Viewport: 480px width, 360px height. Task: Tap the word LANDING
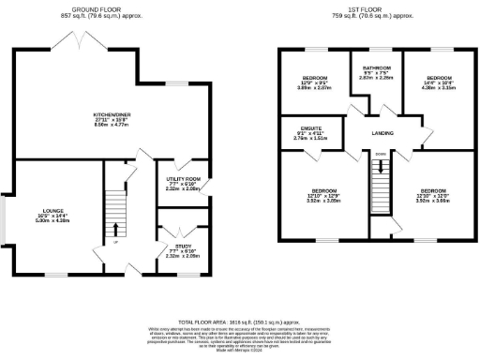click(x=382, y=134)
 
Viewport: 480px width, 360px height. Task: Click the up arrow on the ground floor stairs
click(x=115, y=229)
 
